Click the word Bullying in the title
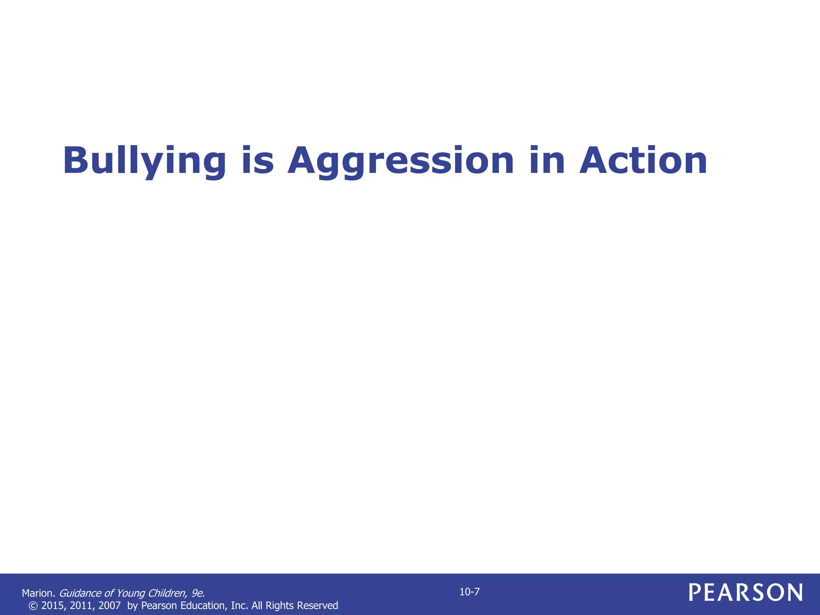click(145, 161)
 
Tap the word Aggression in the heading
click(400, 161)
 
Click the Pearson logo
click(746, 593)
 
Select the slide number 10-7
click(469, 592)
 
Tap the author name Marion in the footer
click(38, 593)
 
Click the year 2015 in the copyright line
click(52, 605)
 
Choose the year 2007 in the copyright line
click(109, 605)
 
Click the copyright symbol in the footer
click(33, 605)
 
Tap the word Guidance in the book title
click(80, 593)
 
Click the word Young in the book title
click(131, 593)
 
